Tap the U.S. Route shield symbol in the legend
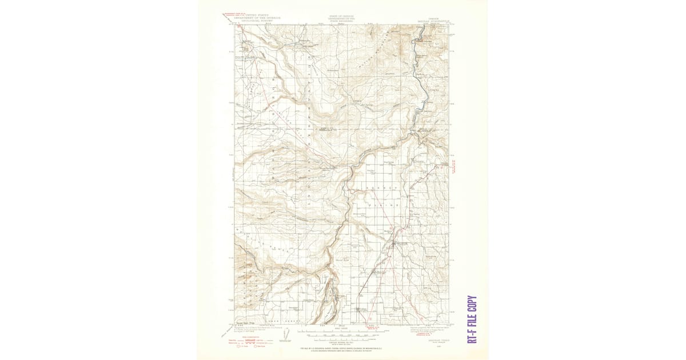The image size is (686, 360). [240, 346]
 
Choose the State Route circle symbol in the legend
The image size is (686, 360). [256, 346]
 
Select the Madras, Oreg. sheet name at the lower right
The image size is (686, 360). [433, 340]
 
